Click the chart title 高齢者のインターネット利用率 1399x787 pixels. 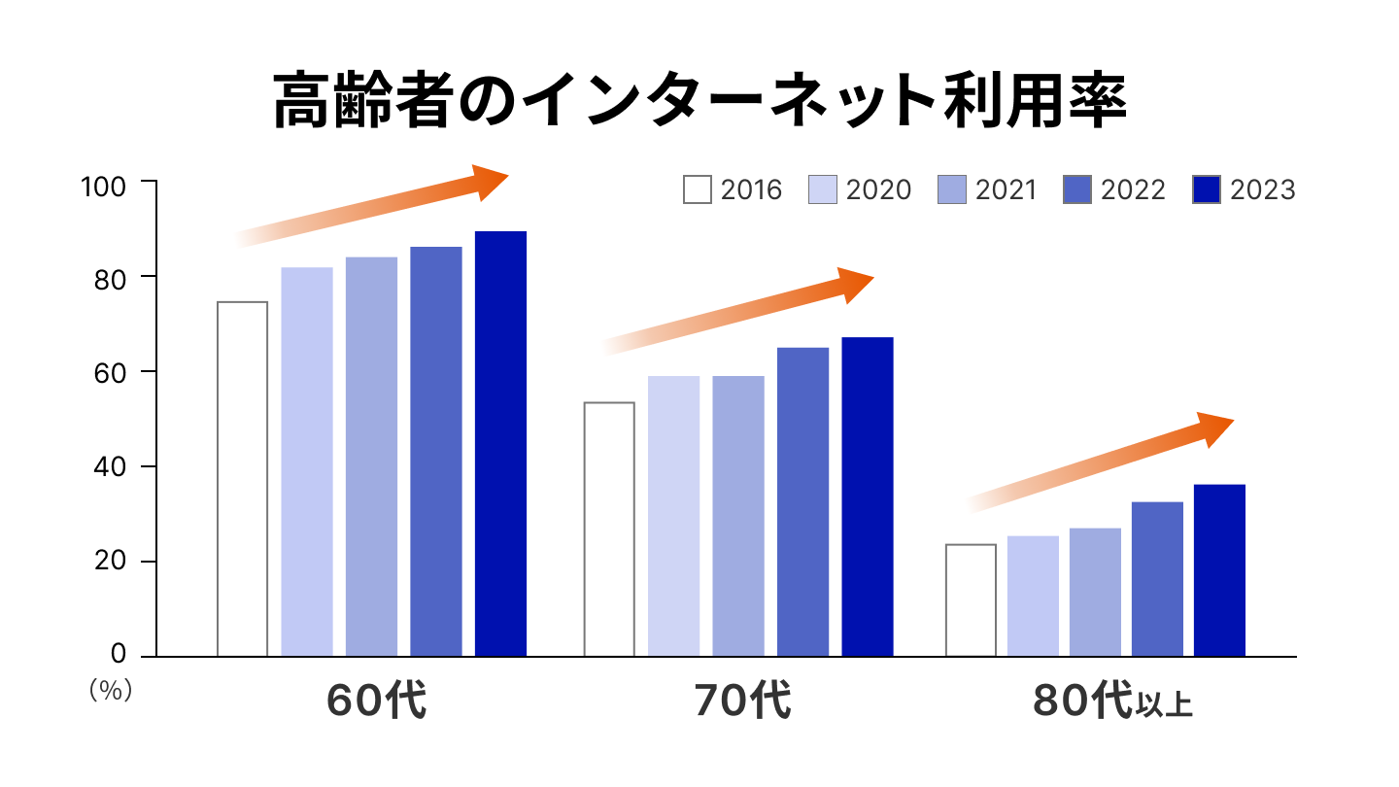tap(699, 101)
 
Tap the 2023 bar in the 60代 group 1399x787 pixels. tap(500, 444)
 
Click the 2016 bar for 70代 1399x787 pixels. tap(609, 530)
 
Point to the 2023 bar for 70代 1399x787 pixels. tap(867, 496)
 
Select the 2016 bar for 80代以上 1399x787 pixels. tap(971, 600)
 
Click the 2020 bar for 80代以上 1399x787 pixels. tap(1033, 596)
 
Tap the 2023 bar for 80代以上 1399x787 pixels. tap(1219, 570)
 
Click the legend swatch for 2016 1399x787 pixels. tap(698, 189)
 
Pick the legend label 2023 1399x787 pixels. tap(1263, 189)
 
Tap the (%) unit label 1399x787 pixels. tap(109, 690)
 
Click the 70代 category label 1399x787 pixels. tap(742, 701)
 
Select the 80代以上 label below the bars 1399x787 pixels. tap(1113, 701)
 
